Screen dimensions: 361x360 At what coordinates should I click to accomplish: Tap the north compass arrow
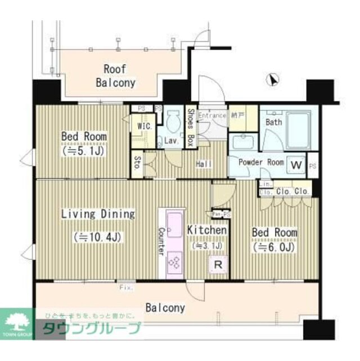273,81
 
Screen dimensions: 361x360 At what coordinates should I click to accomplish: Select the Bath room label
274,122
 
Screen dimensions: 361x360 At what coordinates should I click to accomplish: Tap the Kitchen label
206,230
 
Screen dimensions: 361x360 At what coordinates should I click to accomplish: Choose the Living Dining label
98,214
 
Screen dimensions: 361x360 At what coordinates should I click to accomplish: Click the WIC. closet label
144,126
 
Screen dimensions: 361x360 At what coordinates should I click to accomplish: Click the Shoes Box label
191,127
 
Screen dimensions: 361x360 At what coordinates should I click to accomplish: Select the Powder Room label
262,162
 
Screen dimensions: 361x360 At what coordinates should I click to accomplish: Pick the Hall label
203,164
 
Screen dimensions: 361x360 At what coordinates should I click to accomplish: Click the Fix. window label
126,288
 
